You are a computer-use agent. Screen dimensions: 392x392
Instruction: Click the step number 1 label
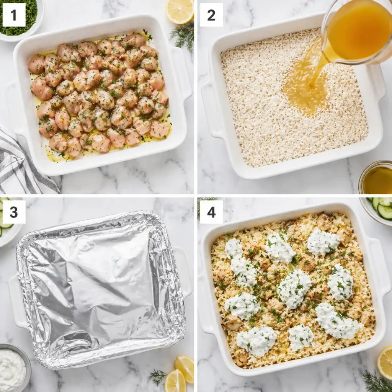(x=14, y=15)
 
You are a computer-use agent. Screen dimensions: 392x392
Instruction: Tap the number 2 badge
(x=211, y=15)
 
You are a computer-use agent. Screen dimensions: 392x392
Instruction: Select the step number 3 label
(x=14, y=212)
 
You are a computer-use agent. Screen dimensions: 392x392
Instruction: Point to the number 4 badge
(x=211, y=212)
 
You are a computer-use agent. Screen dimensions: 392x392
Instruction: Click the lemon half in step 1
(x=180, y=11)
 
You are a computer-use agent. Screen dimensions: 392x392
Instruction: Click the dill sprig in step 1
(x=184, y=36)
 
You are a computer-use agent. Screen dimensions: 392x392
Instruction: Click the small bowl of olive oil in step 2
(x=377, y=178)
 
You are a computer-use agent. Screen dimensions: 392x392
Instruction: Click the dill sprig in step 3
(x=158, y=377)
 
